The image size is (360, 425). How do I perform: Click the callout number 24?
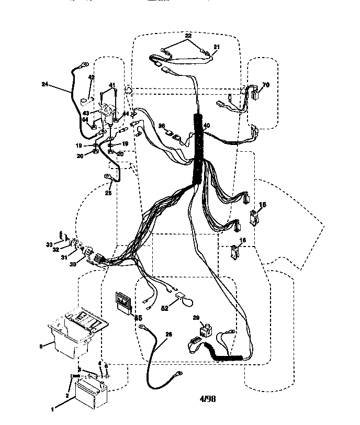[44, 84]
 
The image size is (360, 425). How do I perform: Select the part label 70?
[266, 84]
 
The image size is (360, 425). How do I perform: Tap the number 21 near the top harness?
[216, 47]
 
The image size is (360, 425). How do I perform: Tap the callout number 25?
[108, 193]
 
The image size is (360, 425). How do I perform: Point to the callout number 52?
[165, 309]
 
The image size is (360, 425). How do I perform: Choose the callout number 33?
[49, 244]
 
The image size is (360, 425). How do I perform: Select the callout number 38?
[162, 126]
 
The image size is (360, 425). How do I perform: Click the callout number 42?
[91, 77]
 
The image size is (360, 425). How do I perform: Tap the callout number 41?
[112, 85]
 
